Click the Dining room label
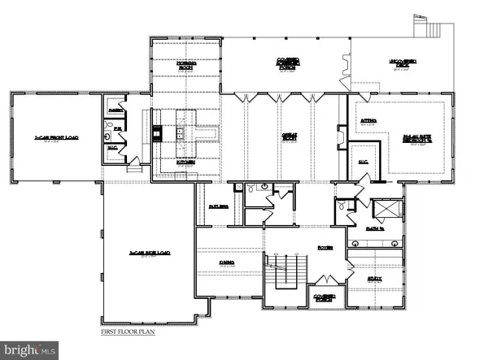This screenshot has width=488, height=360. [x=230, y=262]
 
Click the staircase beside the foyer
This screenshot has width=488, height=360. [x=286, y=271]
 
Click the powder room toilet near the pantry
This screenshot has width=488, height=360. [x=108, y=138]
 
